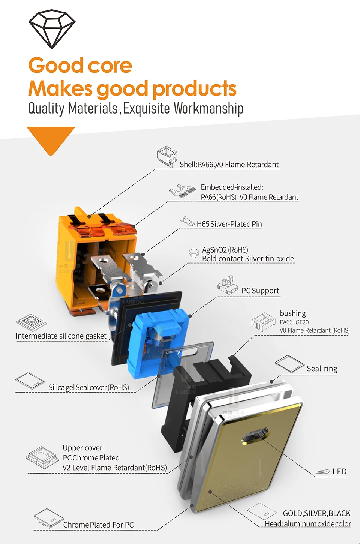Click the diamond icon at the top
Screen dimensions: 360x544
pyautogui.click(x=52, y=29)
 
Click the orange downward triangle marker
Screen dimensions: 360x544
pyautogui.click(x=51, y=139)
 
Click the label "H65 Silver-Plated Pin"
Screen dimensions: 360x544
pyautogui.click(x=229, y=224)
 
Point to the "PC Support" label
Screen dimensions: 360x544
pyautogui.click(x=260, y=291)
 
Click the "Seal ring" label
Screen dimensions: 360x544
pyautogui.click(x=322, y=369)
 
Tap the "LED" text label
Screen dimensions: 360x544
pyautogui.click(x=339, y=471)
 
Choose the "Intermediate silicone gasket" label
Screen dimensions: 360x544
pyautogui.click(x=61, y=336)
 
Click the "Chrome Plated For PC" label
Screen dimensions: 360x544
pyautogui.click(x=98, y=525)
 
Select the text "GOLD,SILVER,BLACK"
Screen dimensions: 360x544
pyautogui.click(x=316, y=513)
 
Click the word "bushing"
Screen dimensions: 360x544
pyautogui.click(x=293, y=313)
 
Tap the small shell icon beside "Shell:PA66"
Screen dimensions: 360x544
pyautogui.click(x=167, y=156)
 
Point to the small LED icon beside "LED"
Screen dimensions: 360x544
pyautogui.click(x=323, y=472)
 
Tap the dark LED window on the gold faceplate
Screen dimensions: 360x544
pyautogui.click(x=255, y=436)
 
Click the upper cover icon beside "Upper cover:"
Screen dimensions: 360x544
pyautogui.click(x=42, y=457)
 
